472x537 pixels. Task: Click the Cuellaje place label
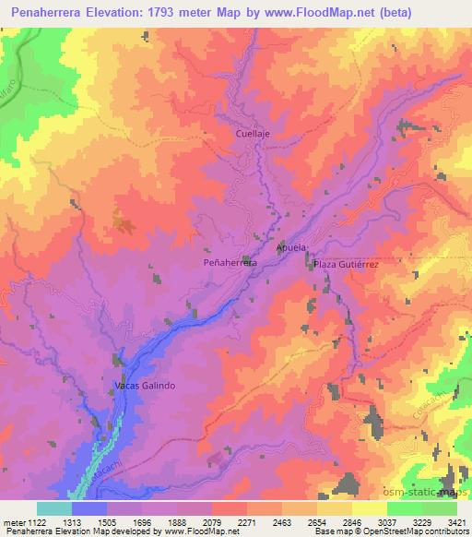253,133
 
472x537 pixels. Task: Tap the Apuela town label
290,248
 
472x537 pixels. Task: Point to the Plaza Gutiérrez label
347,264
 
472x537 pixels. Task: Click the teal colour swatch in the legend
54,508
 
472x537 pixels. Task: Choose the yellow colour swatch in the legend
370,508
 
